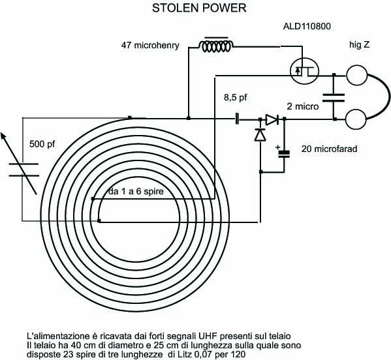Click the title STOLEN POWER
point(199,8)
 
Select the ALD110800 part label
point(307,26)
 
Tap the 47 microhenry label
point(150,46)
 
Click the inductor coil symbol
point(216,45)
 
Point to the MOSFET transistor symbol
point(304,70)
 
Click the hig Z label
point(359,44)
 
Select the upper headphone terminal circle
point(356,75)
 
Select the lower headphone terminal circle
point(356,119)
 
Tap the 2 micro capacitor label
point(303,106)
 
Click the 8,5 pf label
point(236,97)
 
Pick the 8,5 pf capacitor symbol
point(237,119)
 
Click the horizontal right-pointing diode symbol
point(272,120)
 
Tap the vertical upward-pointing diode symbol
point(260,134)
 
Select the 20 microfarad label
point(330,149)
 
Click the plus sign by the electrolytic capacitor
point(277,147)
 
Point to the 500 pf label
point(42,144)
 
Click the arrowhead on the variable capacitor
point(3,136)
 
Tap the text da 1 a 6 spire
point(136,191)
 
